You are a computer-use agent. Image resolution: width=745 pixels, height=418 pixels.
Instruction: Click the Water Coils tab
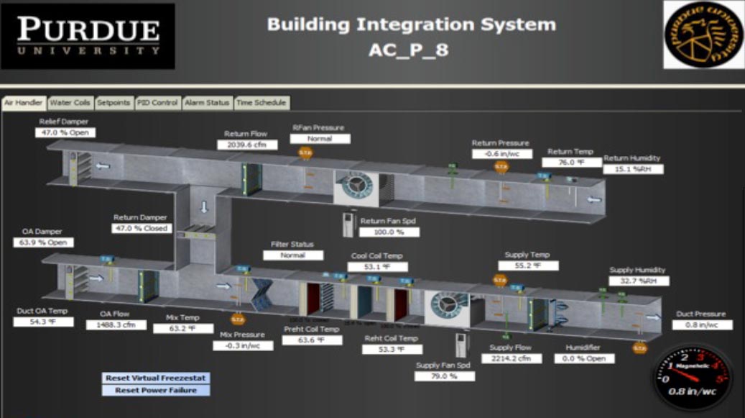point(70,103)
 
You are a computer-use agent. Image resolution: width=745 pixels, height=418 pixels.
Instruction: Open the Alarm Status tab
point(207,103)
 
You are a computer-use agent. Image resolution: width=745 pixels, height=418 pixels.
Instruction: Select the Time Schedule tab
point(262,103)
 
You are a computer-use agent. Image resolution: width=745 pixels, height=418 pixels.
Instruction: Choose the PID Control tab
point(157,103)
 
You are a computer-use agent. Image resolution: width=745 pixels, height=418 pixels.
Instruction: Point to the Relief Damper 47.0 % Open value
point(66,133)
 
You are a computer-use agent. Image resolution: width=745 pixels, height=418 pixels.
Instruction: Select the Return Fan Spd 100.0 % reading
point(390,232)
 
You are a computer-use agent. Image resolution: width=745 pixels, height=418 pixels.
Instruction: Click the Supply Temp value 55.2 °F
point(527,265)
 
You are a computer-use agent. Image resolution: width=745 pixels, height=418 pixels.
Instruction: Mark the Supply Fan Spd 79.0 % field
point(445,376)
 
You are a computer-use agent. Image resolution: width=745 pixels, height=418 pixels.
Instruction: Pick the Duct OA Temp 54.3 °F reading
point(44,322)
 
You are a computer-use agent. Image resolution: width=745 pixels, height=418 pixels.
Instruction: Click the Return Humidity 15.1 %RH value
point(634,170)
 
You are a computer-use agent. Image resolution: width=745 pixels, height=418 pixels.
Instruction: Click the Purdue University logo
point(88,36)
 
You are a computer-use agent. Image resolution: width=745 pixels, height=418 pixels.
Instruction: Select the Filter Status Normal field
point(293,255)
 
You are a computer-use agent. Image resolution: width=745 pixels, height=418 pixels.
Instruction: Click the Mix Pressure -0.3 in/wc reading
point(243,345)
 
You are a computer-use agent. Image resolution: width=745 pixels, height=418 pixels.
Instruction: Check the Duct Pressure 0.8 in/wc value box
point(702,325)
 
